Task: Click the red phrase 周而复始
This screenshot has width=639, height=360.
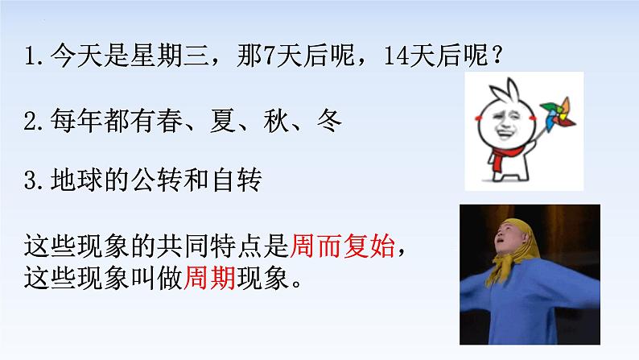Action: coord(342,245)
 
